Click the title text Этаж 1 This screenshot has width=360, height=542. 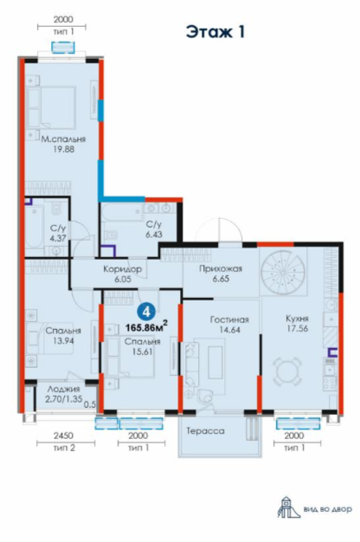[x=215, y=32]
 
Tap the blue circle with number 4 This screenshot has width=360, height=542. [x=146, y=313]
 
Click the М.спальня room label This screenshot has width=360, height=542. [x=63, y=139]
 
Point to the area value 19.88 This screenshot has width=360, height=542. [x=62, y=149]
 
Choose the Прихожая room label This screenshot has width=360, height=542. [x=221, y=268]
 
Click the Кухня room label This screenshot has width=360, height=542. [x=297, y=319]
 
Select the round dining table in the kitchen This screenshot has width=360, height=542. [x=286, y=372]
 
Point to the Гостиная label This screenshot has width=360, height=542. [x=229, y=319]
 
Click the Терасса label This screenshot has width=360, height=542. [x=206, y=431]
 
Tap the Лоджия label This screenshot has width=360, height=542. [x=64, y=390]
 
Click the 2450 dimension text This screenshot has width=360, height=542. [x=63, y=436]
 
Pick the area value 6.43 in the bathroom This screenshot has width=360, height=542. [x=154, y=235]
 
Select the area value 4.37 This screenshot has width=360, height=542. [x=57, y=238]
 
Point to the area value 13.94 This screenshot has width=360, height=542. [x=63, y=340]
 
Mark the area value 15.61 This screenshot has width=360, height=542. [x=142, y=352]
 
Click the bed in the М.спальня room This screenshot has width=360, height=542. [x=51, y=107]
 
